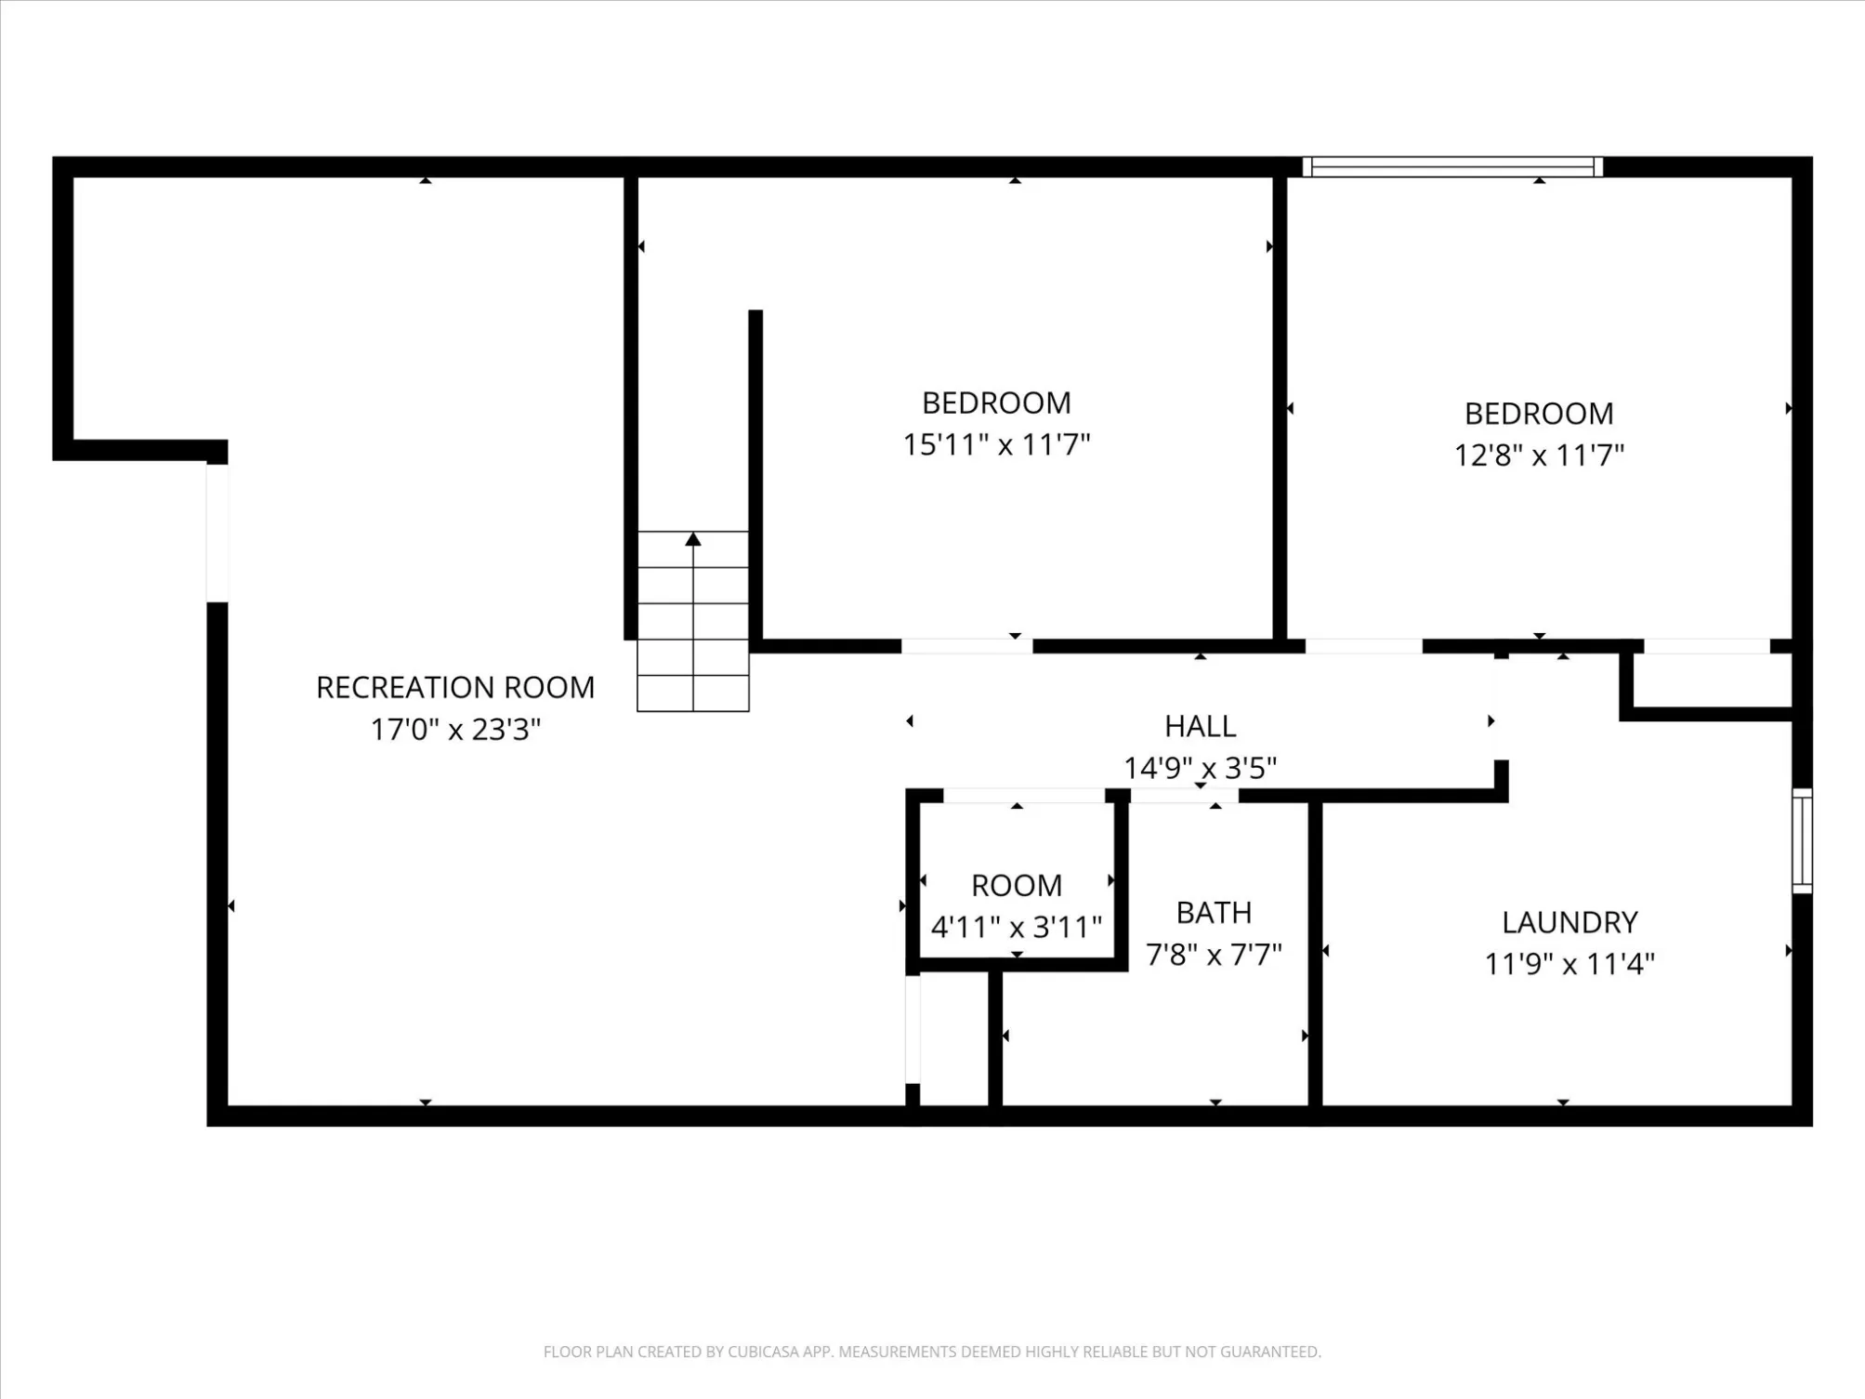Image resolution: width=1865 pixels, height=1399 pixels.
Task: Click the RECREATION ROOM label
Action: tap(455, 687)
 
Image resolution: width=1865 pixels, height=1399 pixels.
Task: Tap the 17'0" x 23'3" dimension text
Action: tap(455, 729)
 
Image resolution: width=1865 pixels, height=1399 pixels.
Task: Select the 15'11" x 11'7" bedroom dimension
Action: tap(996, 444)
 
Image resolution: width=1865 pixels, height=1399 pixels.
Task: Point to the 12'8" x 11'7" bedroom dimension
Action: tap(1539, 455)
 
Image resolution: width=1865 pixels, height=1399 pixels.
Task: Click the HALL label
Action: tap(1200, 726)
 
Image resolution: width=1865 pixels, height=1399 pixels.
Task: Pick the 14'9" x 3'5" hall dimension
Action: tap(1200, 768)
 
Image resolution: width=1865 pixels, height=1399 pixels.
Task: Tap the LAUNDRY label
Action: tap(1569, 922)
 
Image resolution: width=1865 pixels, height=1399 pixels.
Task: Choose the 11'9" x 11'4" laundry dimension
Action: tap(1569, 964)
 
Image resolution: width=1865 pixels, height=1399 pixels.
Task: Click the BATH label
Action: tap(1214, 913)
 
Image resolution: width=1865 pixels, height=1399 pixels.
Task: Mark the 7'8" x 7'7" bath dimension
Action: tap(1214, 955)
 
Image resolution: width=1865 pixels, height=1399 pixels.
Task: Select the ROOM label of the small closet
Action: tap(1017, 886)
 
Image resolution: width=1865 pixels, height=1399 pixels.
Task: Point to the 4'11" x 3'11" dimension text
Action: tap(1017, 928)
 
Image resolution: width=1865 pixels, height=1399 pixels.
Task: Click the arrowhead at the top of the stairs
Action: tap(693, 539)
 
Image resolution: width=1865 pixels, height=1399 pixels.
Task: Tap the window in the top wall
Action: tap(1452, 167)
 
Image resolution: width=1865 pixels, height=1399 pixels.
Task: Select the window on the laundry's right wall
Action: tap(1802, 840)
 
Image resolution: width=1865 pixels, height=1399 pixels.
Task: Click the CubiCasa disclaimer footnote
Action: tap(932, 1352)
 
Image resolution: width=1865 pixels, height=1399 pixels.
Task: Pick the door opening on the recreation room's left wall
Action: tap(217, 533)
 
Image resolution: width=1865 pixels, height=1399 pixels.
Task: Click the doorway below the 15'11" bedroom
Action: tap(966, 646)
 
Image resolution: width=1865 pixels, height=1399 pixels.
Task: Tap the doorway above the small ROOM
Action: tap(1023, 796)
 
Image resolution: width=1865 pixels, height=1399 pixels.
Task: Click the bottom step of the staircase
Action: tap(693, 693)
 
